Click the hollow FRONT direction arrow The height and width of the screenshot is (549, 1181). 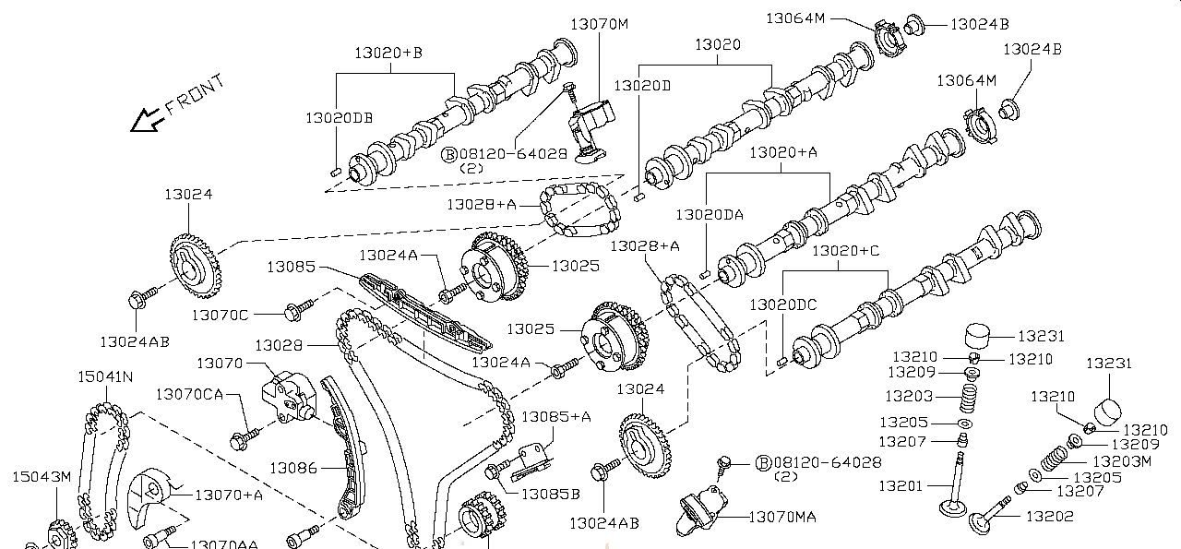145,120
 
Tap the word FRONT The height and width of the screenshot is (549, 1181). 196,95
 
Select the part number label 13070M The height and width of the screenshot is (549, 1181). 598,24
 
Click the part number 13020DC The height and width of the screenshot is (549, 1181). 782,304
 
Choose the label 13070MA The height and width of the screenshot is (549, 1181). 781,518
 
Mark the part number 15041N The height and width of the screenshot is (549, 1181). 104,377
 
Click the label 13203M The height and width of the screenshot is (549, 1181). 1121,460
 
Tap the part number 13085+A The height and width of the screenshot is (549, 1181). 555,417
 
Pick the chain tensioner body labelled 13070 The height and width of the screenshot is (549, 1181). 284,394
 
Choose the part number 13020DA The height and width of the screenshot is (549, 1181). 709,215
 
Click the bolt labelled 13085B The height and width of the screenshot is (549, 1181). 496,472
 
